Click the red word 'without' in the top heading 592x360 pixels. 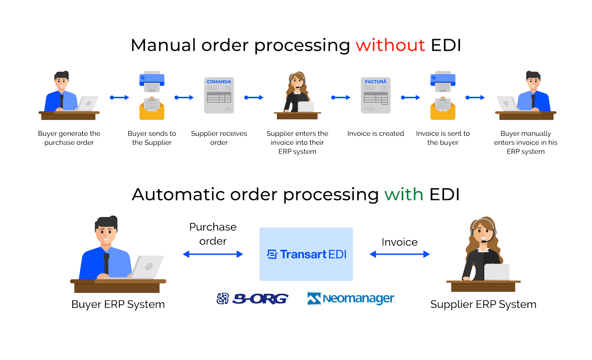pyautogui.click(x=390, y=46)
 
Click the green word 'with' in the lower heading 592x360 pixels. pyautogui.click(x=404, y=194)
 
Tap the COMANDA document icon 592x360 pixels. pyautogui.click(x=219, y=95)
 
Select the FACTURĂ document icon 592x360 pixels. pyautogui.click(x=375, y=95)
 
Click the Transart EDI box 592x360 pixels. pyautogui.click(x=306, y=254)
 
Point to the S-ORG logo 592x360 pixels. pyautogui.click(x=252, y=299)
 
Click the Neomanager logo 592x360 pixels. pyautogui.click(x=352, y=299)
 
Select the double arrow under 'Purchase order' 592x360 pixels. pyautogui.click(x=213, y=255)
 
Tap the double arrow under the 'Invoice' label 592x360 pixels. pyautogui.click(x=399, y=255)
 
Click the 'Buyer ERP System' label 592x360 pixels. pyautogui.click(x=118, y=304)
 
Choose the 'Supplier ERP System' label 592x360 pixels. pyautogui.click(x=483, y=304)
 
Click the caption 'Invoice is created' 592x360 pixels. pyautogui.click(x=375, y=134)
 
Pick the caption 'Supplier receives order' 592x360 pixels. pyautogui.click(x=219, y=138)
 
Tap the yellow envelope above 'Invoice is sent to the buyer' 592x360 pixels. pyautogui.click(x=442, y=109)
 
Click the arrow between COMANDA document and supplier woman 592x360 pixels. pyautogui.click(x=253, y=97)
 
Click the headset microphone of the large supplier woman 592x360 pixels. pyautogui.click(x=483, y=241)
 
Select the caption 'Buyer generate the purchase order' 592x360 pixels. pyautogui.click(x=69, y=138)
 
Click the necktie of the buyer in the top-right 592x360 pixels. pyautogui.click(x=533, y=101)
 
